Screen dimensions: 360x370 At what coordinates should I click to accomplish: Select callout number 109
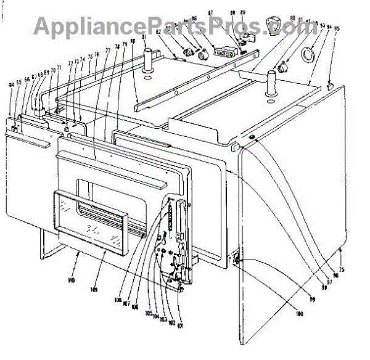tap(94, 289)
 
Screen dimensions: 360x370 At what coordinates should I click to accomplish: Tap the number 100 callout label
tap(300, 315)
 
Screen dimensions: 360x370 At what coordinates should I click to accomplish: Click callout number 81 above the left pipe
tap(146, 38)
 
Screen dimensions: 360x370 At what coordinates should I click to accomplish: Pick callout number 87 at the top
tap(210, 13)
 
